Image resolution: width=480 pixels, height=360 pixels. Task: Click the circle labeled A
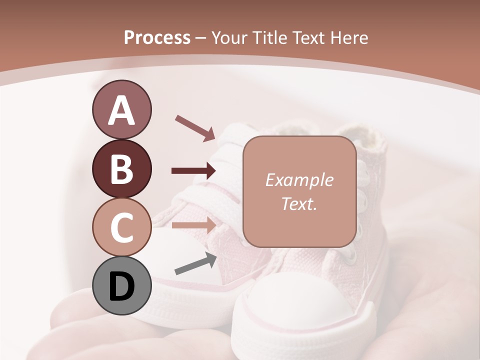(121, 110)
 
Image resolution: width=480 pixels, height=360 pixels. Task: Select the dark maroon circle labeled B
(121, 169)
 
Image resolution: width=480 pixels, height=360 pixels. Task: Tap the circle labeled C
(121, 227)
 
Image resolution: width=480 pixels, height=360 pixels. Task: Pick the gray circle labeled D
(121, 286)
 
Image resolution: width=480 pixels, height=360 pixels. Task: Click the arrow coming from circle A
(195, 127)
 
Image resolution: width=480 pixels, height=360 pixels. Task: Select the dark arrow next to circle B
(194, 171)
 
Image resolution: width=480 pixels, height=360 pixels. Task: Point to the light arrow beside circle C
(194, 225)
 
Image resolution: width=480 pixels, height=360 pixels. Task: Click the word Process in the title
(157, 38)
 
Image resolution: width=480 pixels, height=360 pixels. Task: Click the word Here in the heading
(348, 38)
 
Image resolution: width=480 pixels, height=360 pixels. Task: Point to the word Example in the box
(299, 180)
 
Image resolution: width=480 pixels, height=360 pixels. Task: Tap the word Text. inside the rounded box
(299, 203)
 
